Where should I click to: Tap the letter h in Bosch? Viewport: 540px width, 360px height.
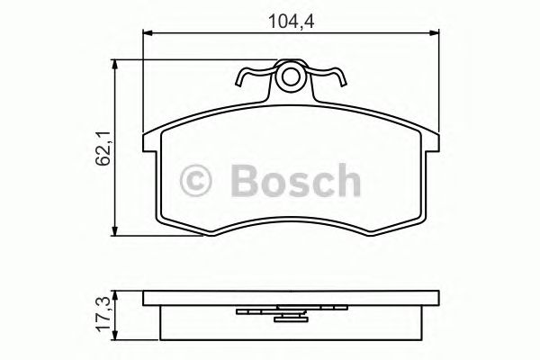point(346,181)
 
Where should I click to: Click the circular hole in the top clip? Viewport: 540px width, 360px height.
point(289,78)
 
